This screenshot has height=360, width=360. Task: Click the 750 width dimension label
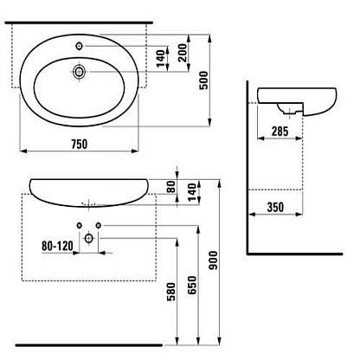(x=79, y=144)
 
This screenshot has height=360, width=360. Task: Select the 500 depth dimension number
(x=203, y=80)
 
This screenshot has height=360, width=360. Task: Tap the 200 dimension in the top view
(x=183, y=53)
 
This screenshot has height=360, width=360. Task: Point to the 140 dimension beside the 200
(x=161, y=58)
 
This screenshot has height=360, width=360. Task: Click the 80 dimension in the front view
(x=171, y=186)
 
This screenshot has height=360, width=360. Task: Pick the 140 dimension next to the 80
(x=192, y=191)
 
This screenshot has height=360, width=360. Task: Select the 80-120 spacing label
(x=57, y=246)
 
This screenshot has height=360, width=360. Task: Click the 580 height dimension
(x=171, y=292)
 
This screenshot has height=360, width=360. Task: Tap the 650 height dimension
(x=192, y=286)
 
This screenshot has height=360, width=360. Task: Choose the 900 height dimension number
(x=214, y=260)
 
